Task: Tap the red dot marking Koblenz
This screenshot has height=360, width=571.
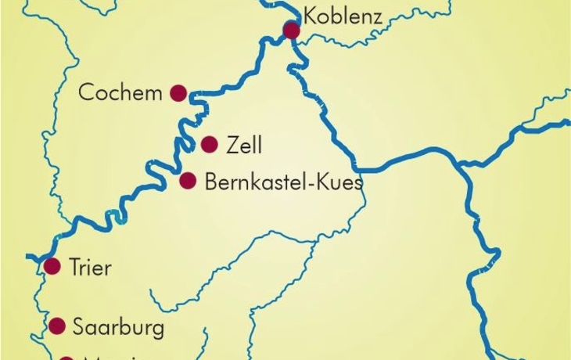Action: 292,31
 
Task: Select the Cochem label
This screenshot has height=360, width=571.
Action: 120,92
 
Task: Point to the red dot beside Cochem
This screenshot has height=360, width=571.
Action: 178,93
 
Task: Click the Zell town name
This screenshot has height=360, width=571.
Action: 243,145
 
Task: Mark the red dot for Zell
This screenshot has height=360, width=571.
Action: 209,144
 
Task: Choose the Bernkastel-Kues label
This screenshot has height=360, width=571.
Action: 283,182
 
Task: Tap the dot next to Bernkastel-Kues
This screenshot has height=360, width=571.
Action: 188,182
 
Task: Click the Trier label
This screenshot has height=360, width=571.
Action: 90,268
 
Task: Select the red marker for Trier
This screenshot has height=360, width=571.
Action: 52,266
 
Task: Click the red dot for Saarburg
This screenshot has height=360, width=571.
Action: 57,326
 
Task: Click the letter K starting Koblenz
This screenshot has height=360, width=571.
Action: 311,15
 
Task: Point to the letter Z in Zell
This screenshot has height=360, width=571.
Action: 232,145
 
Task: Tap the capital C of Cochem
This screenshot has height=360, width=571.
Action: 86,92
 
